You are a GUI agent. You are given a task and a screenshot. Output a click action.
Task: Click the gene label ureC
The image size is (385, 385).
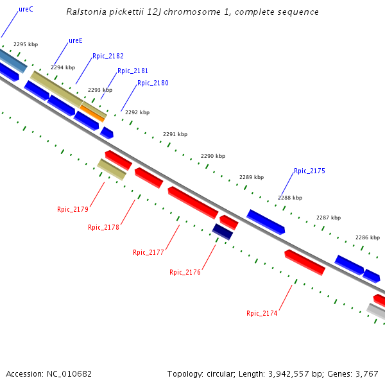click(26, 10)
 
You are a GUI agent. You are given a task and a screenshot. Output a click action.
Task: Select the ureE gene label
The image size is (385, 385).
click(76, 41)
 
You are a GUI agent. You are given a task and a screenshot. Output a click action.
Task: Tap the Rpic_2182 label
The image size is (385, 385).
click(108, 56)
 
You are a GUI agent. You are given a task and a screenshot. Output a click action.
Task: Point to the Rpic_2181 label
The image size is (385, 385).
click(133, 71)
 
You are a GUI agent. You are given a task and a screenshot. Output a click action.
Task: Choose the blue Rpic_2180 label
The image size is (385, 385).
click(153, 83)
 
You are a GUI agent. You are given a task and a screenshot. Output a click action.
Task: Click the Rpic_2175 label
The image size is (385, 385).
click(309, 171)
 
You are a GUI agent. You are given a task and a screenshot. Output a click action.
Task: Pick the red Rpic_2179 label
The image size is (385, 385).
click(73, 209)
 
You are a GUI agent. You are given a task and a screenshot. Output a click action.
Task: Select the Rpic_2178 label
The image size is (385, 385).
click(103, 227)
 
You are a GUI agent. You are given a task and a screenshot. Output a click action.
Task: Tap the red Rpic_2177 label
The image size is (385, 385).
click(148, 252)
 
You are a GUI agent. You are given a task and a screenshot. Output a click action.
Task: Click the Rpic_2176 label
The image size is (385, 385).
click(185, 272)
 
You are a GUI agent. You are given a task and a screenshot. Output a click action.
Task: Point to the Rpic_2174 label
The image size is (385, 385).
click(262, 313)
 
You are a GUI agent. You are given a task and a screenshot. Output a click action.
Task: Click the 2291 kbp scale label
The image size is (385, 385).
click(175, 135)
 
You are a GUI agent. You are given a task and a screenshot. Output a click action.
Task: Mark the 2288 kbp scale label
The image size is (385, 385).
click(290, 198)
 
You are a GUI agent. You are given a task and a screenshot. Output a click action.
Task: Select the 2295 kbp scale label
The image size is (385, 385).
click(26, 45)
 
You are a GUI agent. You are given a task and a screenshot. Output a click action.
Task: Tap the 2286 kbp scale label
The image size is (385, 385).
click(368, 237)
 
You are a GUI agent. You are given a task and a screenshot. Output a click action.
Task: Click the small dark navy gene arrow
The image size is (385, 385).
click(222, 231)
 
